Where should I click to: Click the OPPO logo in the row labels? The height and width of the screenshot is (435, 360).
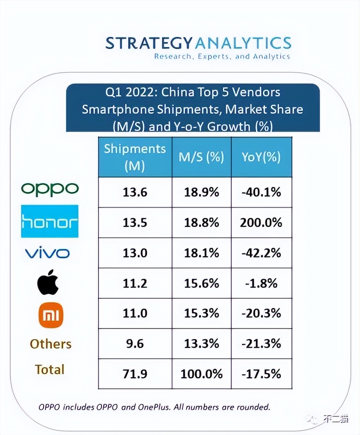point(50,190)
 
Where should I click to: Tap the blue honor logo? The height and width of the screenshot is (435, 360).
point(50,221)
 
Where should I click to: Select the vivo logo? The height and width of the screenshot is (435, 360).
point(47,253)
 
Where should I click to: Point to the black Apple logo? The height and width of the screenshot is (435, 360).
point(48,282)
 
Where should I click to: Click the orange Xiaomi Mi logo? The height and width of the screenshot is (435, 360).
point(51,315)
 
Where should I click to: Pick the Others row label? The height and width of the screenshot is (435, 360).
point(50,344)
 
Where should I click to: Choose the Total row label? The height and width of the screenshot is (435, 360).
point(50,369)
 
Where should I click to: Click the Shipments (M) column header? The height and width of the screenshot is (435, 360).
point(135,157)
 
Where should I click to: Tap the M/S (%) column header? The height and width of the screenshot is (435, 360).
point(202,157)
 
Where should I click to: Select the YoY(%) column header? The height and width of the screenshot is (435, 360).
point(261,157)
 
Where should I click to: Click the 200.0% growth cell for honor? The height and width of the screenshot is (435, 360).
point(261,222)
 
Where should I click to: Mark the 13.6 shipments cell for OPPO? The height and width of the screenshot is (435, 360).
point(135,192)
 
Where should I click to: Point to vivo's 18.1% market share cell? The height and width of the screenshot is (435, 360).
point(202,253)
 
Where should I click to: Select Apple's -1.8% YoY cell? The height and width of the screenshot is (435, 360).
point(261,283)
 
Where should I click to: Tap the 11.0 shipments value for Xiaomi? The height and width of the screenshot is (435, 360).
point(135,314)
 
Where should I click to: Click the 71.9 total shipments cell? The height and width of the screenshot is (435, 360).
point(135,374)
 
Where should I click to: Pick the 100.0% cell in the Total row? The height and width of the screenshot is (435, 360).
point(202,374)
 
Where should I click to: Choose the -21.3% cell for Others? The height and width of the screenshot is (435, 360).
point(261,344)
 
